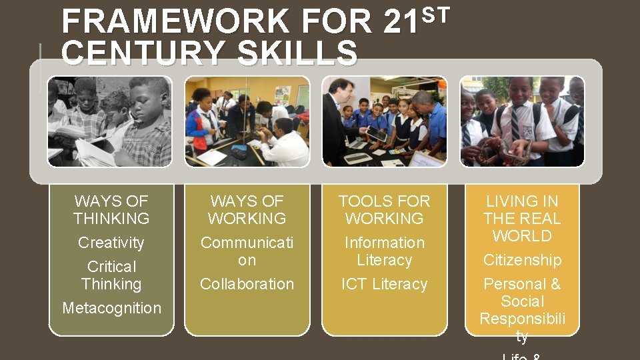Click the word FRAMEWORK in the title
coord(175,22)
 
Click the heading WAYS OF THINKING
coord(111,209)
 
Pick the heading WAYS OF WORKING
coord(247,209)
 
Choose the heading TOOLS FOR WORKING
coord(385,209)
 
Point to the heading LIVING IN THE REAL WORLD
coord(522,218)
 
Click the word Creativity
coord(111,243)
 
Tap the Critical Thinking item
coord(111,275)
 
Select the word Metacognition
coord(111,308)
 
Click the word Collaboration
coord(247,284)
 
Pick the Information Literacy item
coord(385,251)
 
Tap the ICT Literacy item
coord(385,284)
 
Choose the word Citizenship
coord(522,260)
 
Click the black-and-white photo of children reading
coord(110,121)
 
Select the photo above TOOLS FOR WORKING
coord(385,121)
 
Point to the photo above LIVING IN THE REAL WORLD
coord(522,121)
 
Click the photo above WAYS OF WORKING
coord(247,121)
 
